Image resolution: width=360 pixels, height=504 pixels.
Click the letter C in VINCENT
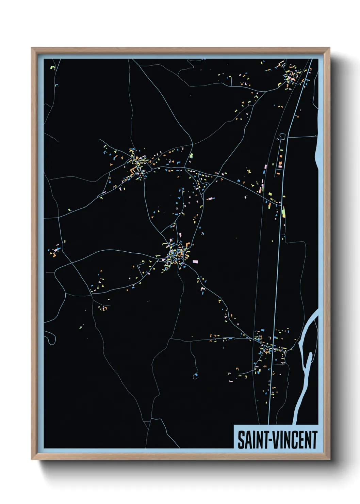tap(296, 440)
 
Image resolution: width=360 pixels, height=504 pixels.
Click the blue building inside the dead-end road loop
tap(196, 375)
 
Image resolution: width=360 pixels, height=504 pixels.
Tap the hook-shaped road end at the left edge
tap(51, 340)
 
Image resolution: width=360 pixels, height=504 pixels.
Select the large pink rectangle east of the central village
tap(195, 262)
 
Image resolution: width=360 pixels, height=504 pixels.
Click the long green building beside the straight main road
tap(283, 212)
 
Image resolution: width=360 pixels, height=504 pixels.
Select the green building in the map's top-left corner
tap(52, 67)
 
